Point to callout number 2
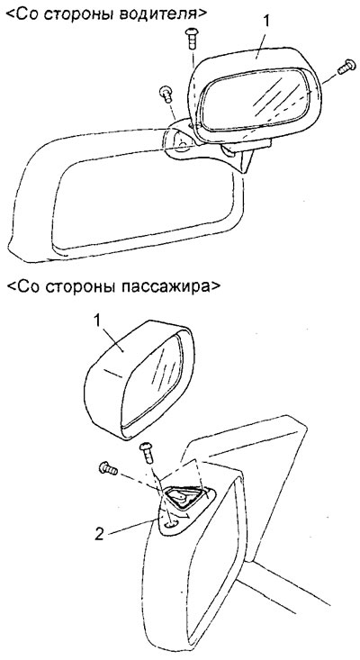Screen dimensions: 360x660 [99, 535]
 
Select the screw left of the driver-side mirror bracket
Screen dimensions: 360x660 [166, 94]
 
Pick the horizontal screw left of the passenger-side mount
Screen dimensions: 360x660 [108, 468]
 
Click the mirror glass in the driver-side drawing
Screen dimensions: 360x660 [256, 99]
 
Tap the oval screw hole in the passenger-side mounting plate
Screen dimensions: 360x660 [171, 524]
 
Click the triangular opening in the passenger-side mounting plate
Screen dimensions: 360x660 [184, 498]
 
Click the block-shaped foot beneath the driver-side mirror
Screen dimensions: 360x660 [245, 147]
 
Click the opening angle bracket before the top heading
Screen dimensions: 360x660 [11, 14]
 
